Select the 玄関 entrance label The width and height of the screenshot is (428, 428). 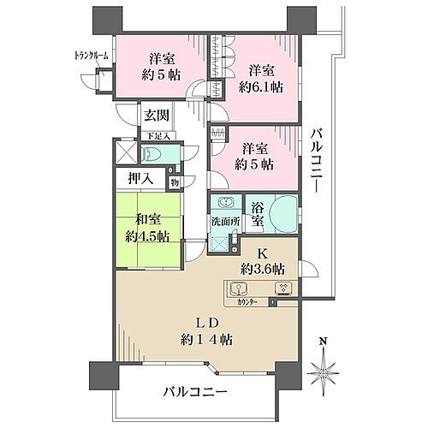(155, 116)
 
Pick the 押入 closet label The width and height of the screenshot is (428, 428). (140, 181)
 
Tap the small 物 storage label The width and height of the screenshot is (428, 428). (174, 181)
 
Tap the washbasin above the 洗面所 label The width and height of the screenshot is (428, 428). (226, 205)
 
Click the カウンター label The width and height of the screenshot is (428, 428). (241, 302)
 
